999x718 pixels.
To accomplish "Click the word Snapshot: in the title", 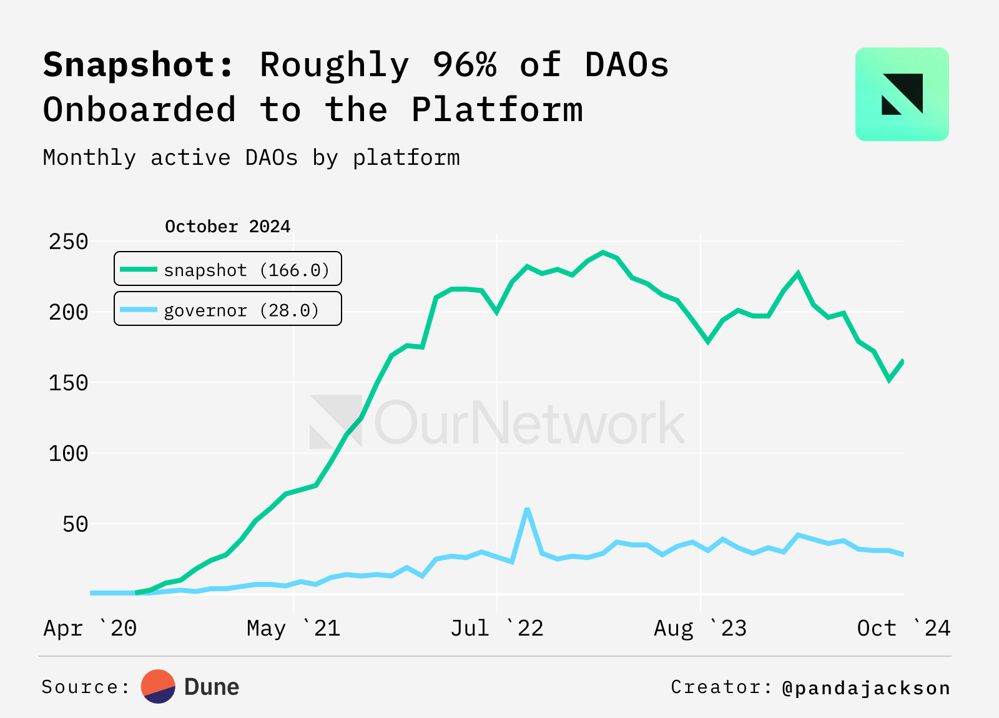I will coord(139,66).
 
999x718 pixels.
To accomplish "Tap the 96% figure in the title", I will coord(465,64).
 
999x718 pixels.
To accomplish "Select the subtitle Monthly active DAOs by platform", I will coord(251,157).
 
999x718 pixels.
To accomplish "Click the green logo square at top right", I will coord(902,94).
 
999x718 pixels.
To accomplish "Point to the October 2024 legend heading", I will coord(227,226).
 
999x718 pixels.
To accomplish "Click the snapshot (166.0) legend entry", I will coord(228,269).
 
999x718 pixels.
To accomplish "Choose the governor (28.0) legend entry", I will coord(228,309).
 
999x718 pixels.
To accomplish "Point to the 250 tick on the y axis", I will coord(69,242).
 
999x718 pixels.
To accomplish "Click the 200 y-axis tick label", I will coord(69,312).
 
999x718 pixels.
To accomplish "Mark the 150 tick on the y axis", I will coord(69,383).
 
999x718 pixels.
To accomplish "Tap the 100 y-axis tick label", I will coord(69,453).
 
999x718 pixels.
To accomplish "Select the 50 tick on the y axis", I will coord(76,524).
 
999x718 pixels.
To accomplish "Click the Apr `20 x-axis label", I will coord(90,628).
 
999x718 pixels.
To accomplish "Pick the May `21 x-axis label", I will coord(293,628).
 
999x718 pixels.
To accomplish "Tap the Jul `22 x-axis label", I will coord(497,628).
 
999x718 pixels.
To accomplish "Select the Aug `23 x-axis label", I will coord(700,628).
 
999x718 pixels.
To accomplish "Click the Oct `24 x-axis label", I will coord(903,628).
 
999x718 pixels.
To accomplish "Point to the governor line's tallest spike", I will coord(528,509).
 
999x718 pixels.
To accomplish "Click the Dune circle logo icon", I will coord(158,687).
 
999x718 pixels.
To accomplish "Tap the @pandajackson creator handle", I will coord(866,688).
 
